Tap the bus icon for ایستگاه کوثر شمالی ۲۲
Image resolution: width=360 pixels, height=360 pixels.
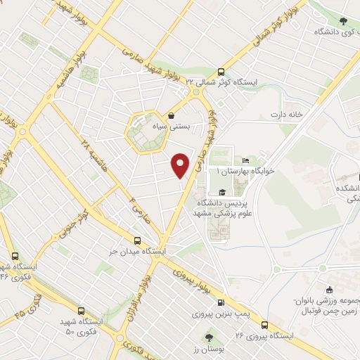[221, 71]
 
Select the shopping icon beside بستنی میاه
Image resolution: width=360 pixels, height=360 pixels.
[172, 117]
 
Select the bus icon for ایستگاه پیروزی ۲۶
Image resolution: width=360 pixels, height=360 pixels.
[264, 324]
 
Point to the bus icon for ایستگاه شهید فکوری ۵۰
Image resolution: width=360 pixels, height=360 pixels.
[82, 311]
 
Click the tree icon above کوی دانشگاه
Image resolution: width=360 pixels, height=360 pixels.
[343, 22]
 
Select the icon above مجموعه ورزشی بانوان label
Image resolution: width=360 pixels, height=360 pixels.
[328, 290]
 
